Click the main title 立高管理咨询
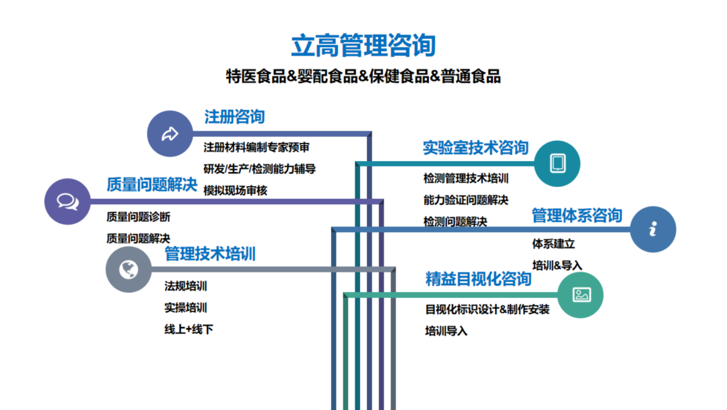(x=363, y=45)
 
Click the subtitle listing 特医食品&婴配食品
(x=363, y=76)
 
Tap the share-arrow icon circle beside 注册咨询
(x=170, y=134)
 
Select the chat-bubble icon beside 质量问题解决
(x=67, y=201)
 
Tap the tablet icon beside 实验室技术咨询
(x=557, y=163)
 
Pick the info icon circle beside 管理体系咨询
(x=653, y=229)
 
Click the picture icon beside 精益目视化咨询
(x=581, y=295)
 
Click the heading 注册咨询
(x=234, y=117)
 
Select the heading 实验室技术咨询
(x=475, y=148)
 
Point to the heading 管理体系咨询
(x=577, y=216)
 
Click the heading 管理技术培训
(x=210, y=254)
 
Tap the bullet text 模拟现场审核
(x=236, y=191)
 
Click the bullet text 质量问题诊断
(x=139, y=217)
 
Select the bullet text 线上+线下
(x=189, y=330)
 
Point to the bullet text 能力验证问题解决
(x=465, y=200)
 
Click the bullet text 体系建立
(x=553, y=244)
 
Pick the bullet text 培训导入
(x=446, y=331)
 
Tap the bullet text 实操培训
(x=186, y=308)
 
